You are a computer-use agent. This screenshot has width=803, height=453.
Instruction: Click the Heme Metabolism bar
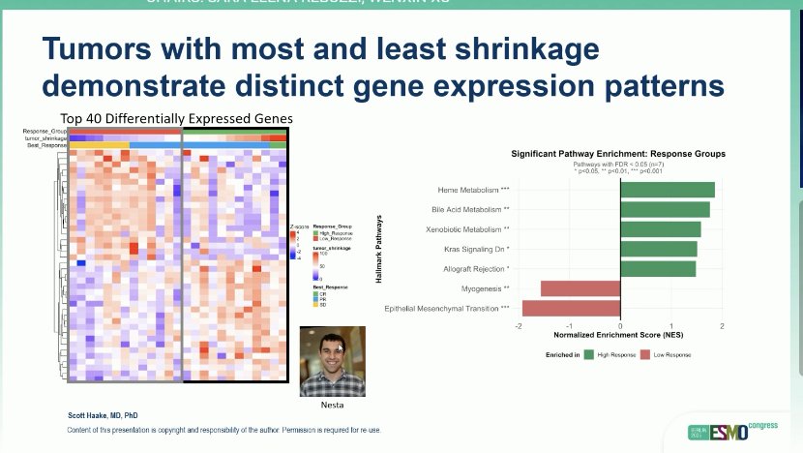668,190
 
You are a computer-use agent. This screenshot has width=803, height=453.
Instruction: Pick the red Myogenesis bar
580,288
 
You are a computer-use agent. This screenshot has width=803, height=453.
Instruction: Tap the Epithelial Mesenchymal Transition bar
571,308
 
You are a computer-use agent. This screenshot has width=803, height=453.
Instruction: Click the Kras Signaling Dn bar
658,249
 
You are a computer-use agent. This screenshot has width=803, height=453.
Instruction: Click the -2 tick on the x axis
520,326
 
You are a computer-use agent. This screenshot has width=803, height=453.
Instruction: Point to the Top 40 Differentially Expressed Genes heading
176,118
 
